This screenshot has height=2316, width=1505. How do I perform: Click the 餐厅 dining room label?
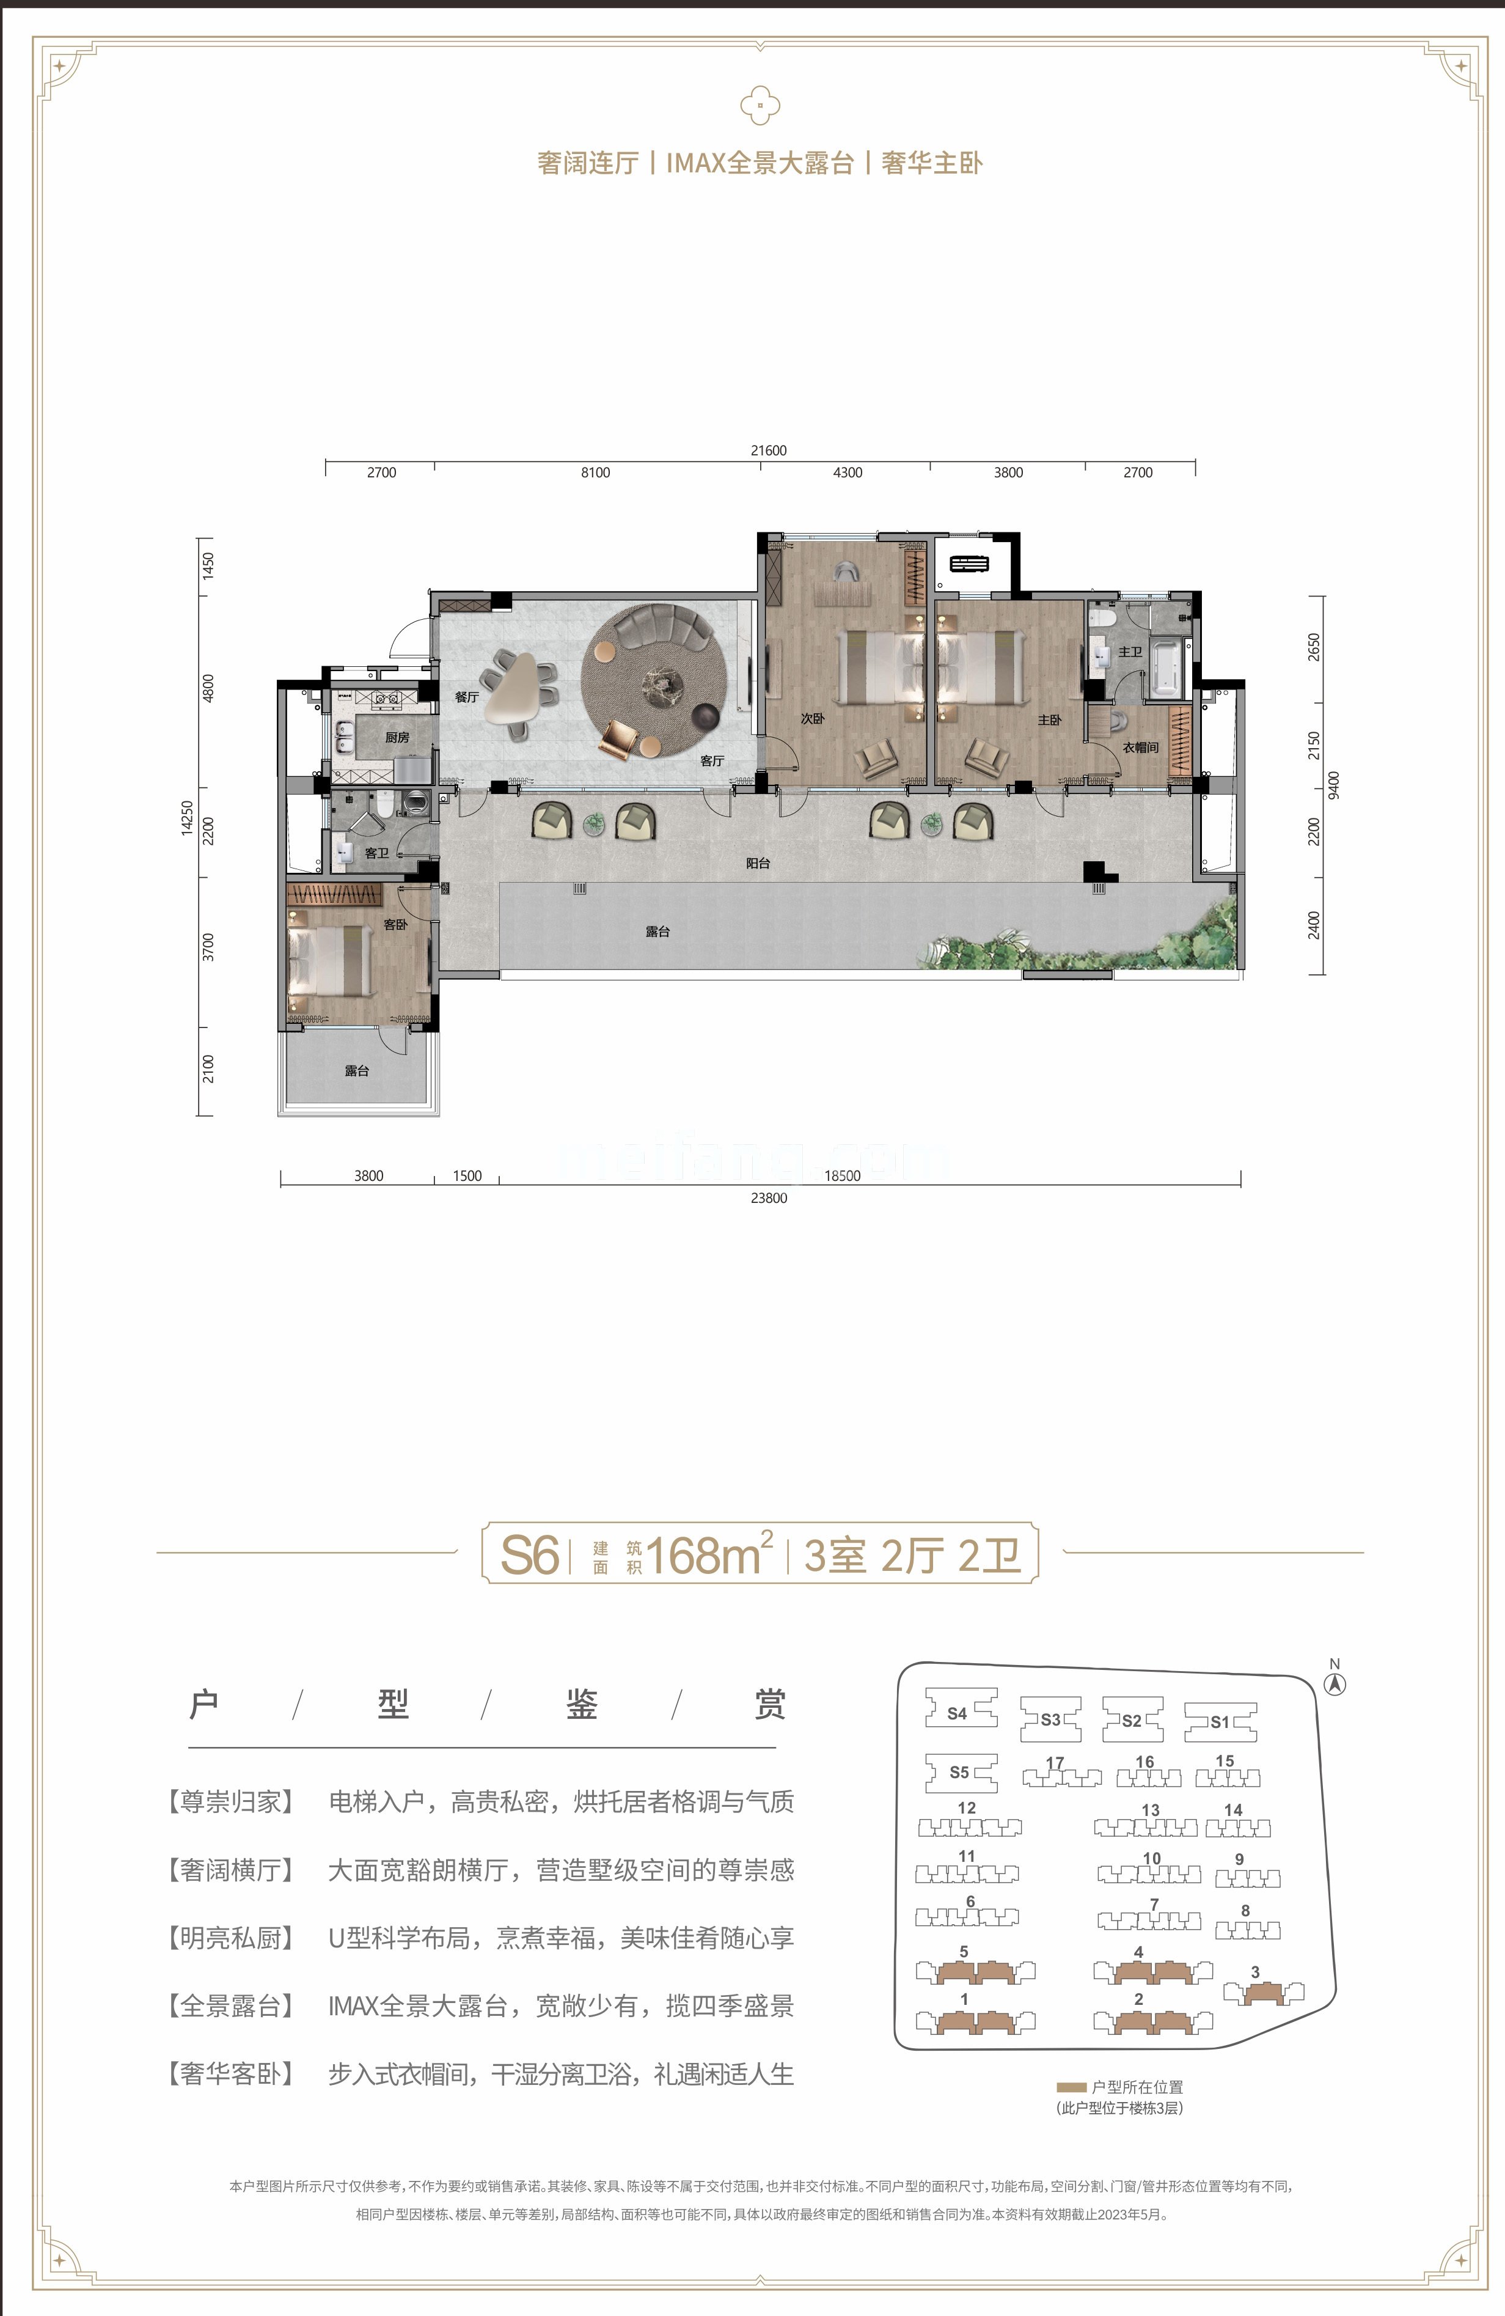466,697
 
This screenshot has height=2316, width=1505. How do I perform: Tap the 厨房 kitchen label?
397,738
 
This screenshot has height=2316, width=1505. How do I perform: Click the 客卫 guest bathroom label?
376,853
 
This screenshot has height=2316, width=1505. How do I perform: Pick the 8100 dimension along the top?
595,473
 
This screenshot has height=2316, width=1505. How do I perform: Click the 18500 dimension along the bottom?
843,1175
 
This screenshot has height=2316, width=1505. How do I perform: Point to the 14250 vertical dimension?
188,818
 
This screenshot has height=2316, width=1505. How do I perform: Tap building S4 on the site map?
958,1713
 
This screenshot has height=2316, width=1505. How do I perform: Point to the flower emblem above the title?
760,105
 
